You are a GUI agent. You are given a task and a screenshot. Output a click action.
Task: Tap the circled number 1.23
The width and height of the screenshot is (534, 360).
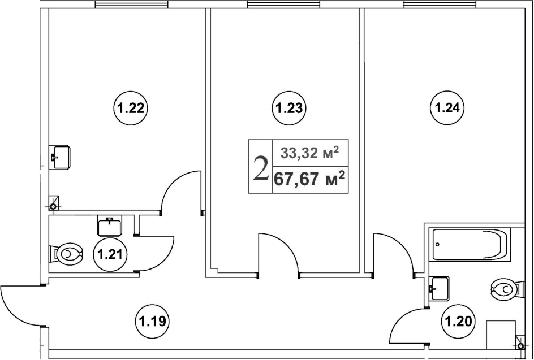[290, 109]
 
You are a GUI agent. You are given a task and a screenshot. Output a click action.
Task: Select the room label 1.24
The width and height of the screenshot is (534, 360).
[447, 108]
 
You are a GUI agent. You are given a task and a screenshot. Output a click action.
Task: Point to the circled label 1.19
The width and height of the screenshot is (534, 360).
[153, 320]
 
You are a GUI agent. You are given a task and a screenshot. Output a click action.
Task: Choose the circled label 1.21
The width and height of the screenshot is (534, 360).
[110, 254]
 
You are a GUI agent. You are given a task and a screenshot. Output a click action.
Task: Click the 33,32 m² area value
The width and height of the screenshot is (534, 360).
[310, 153]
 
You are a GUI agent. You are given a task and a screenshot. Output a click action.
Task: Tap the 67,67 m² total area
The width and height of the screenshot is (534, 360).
[309, 179]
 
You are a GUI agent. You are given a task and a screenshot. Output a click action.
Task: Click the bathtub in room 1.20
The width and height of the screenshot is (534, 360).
[470, 245]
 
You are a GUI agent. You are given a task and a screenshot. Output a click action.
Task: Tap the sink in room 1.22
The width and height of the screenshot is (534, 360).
[59, 157]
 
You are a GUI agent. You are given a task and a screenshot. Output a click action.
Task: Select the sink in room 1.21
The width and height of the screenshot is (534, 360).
[109, 226]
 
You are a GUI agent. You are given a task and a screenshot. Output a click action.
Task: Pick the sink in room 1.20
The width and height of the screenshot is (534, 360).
[438, 289]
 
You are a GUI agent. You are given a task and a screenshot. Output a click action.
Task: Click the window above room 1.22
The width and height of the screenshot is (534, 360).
[131, 4]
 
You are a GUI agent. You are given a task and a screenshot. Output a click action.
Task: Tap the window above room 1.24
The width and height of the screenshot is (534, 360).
[440, 4]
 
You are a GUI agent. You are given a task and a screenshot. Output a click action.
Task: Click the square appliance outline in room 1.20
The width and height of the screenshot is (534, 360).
[501, 335]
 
